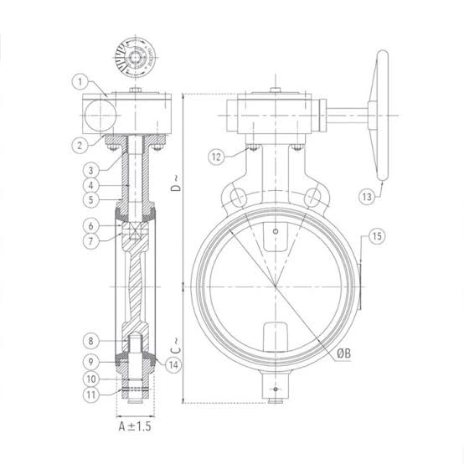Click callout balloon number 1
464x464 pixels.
pyautogui.click(x=80, y=82)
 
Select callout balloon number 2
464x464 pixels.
pyautogui.click(x=80, y=145)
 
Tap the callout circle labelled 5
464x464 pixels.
pyautogui.click(x=90, y=199)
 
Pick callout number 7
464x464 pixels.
pyautogui.click(x=90, y=241)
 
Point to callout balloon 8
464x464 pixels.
pyautogui.click(x=90, y=341)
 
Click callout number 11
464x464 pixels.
pyautogui.click(x=90, y=394)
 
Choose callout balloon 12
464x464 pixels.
pyautogui.click(x=217, y=157)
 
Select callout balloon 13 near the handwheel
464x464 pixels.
pyautogui.click(x=367, y=197)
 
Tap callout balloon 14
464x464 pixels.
pyautogui.click(x=173, y=365)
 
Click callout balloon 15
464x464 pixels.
pyautogui.click(x=377, y=236)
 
